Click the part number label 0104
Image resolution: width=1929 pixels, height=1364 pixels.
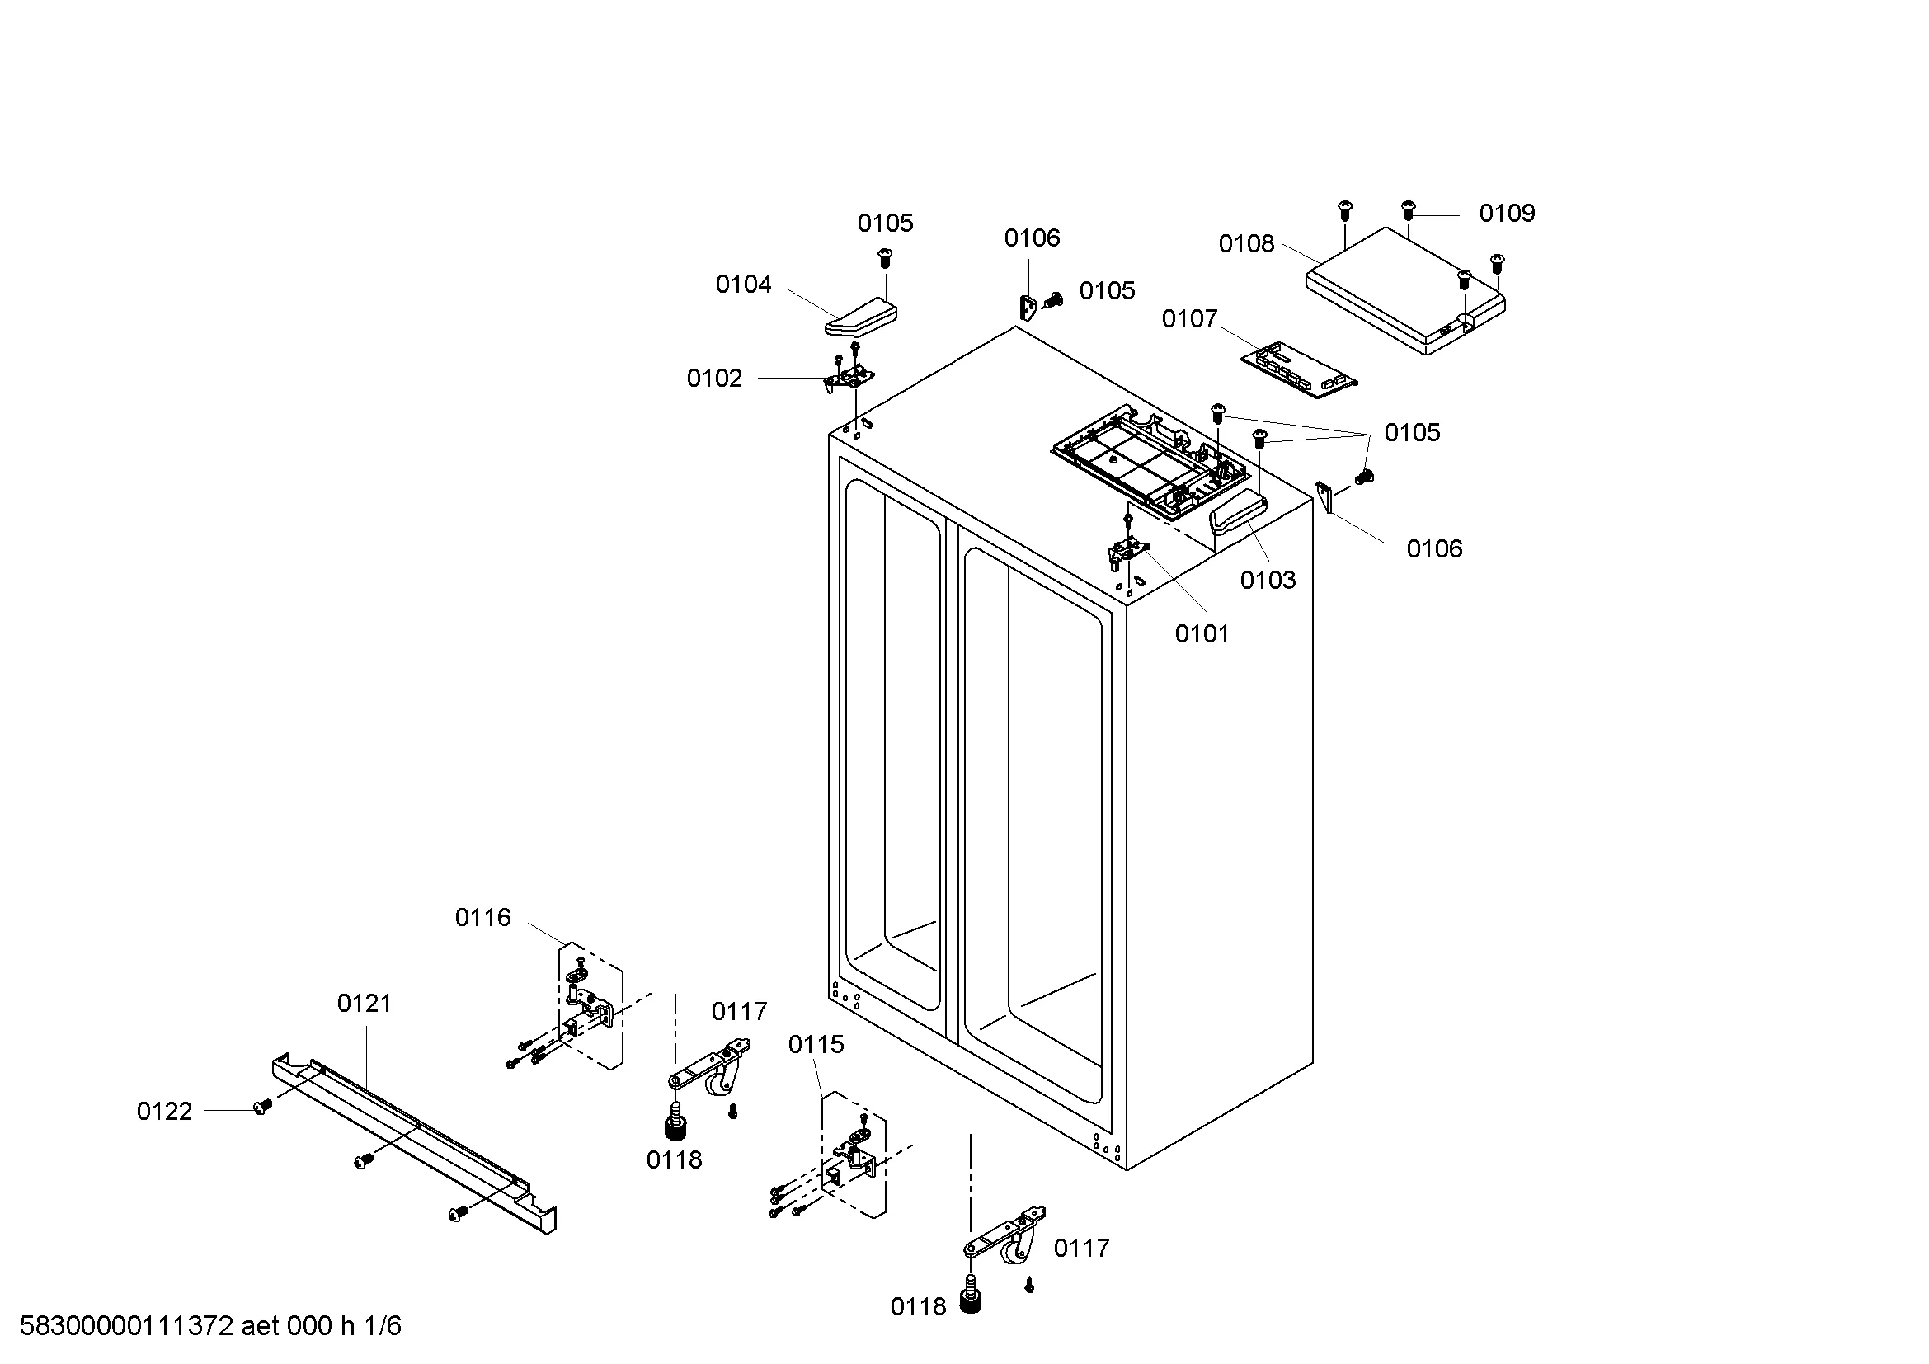[743, 285]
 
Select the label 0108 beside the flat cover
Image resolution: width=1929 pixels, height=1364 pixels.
[1246, 244]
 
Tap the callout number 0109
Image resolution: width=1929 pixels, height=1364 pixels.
[1507, 214]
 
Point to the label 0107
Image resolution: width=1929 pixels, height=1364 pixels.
[1189, 319]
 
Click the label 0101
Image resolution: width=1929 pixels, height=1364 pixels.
[1202, 634]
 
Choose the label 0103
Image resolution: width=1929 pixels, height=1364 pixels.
[1268, 581]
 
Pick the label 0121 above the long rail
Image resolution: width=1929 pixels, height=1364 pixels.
[364, 1004]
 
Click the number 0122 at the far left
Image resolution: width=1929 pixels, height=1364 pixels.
[165, 1112]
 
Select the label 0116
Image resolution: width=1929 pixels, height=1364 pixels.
[482, 918]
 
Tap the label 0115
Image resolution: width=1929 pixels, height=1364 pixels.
[815, 1045]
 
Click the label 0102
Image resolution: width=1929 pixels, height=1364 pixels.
[714, 379]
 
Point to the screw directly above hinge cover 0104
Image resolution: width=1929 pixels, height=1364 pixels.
[883, 256]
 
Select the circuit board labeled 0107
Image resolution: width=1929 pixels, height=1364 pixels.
[1299, 370]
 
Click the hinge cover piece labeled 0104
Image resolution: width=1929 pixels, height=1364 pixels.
[860, 317]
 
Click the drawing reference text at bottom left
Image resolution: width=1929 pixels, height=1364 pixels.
[210, 1327]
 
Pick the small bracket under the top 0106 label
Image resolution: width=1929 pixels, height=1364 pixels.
[1028, 308]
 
